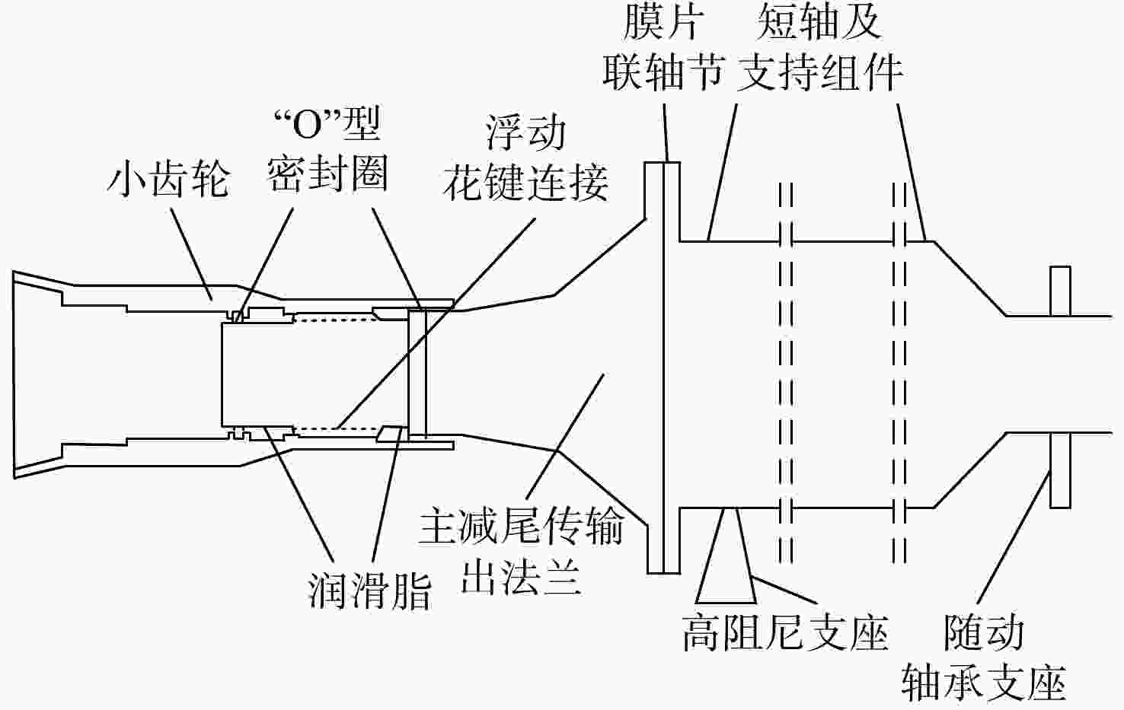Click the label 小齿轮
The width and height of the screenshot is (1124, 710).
tap(168, 180)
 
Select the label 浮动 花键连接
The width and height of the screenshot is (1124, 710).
tap(525, 159)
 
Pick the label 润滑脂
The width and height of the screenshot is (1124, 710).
tap(370, 592)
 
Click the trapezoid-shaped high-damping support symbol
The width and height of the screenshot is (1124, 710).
tap(726, 556)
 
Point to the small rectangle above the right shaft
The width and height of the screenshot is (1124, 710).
tap(1060, 291)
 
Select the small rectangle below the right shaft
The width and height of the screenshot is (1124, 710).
tap(1060, 470)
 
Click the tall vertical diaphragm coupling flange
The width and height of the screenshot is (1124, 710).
tap(663, 368)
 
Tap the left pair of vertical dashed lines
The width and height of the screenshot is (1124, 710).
tap(787, 373)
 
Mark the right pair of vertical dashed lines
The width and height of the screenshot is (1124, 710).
tap(899, 373)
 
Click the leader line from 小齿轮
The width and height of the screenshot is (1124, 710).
tap(192, 254)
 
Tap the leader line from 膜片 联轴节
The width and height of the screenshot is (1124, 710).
tap(666, 133)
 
